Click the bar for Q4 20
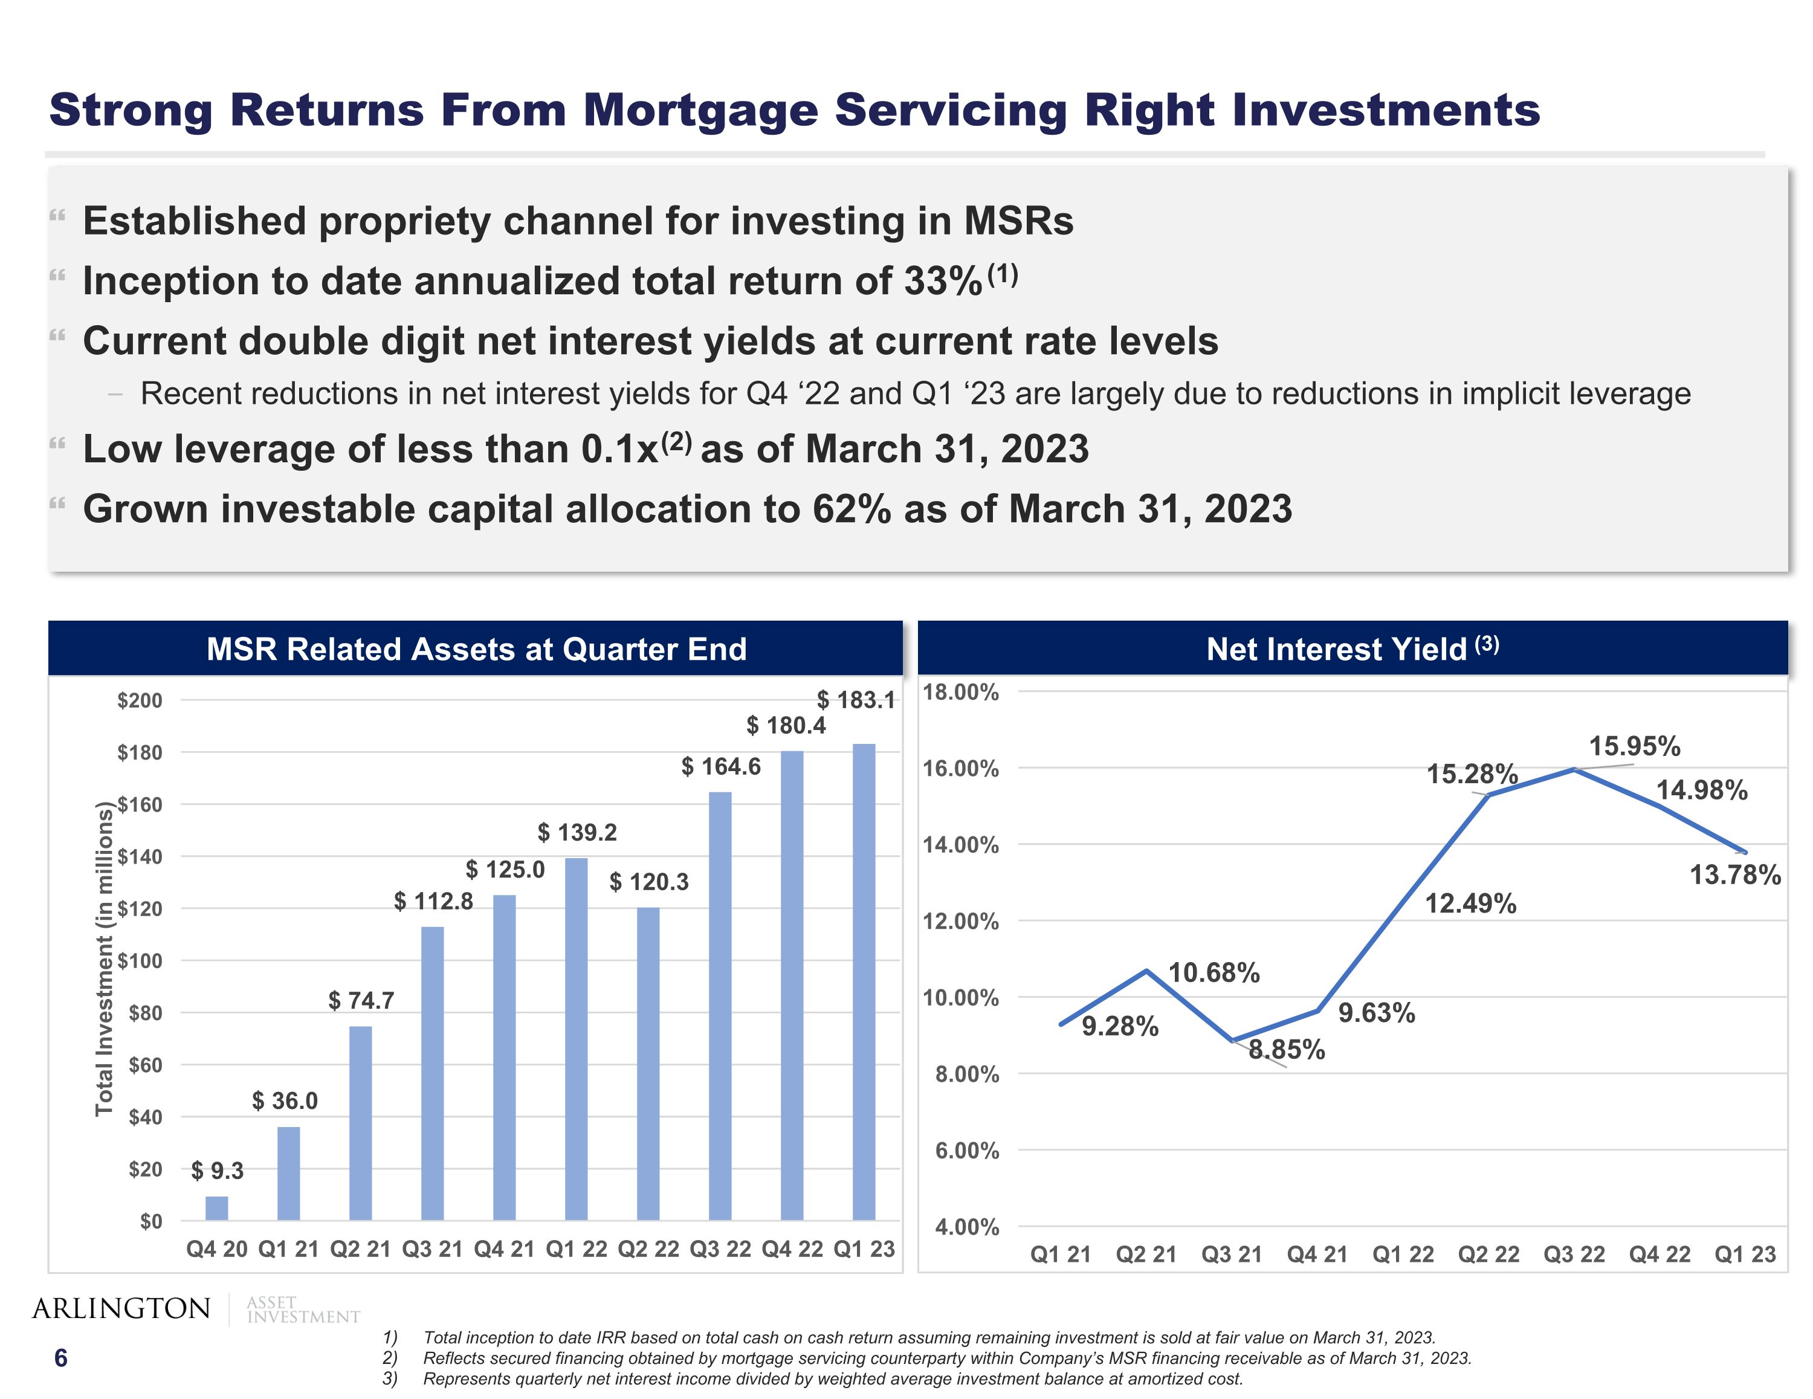[217, 1208]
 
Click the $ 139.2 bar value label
[577, 832]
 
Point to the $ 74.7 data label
[361, 1001]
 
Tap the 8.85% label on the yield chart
[1287, 1050]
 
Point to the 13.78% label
[1735, 874]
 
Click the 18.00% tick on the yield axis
[960, 693]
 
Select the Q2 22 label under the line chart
[1488, 1254]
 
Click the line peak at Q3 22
[1574, 770]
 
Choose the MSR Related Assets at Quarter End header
[476, 648]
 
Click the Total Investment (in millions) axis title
[104, 959]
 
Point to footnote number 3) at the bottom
[389, 1378]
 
